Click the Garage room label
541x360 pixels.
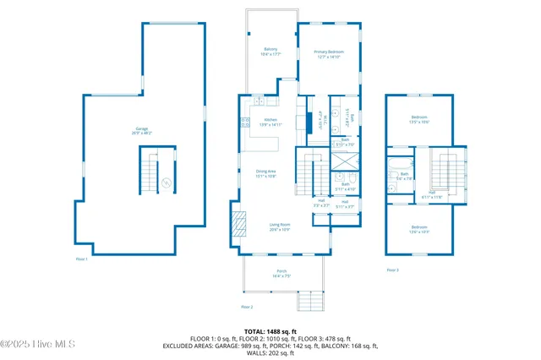(x=141, y=130)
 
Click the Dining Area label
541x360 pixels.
(x=267, y=174)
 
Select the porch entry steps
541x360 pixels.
(x=310, y=300)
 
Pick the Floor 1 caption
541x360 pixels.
(x=82, y=259)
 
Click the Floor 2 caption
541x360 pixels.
(x=247, y=306)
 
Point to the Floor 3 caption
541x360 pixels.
(x=392, y=270)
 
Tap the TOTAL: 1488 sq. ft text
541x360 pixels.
(x=270, y=330)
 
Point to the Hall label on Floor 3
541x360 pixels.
(x=431, y=194)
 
